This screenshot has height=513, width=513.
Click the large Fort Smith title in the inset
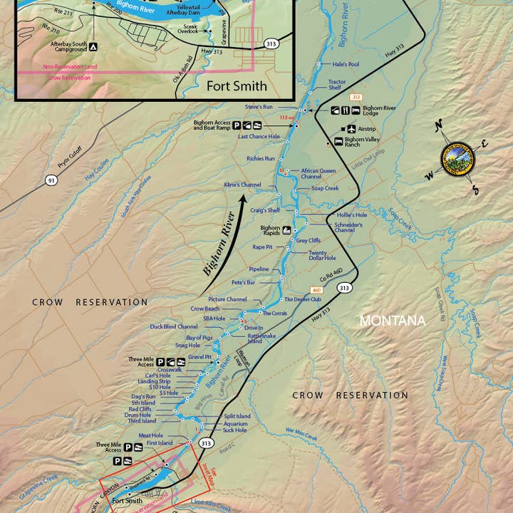[x=237, y=86]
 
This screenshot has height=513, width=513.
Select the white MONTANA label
[x=392, y=321]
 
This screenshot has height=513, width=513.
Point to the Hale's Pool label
[x=345, y=64]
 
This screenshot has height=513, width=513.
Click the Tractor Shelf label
[x=337, y=85]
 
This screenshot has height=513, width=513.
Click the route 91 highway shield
[x=51, y=180]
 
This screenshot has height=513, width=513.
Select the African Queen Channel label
[x=318, y=174]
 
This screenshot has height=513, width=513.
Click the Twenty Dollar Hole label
[x=322, y=256]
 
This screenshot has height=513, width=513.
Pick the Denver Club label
[x=303, y=299]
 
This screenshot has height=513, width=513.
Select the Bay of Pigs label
[x=199, y=337]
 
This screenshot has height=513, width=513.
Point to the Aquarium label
[x=236, y=423]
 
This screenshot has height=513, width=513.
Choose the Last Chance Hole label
[x=259, y=136]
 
